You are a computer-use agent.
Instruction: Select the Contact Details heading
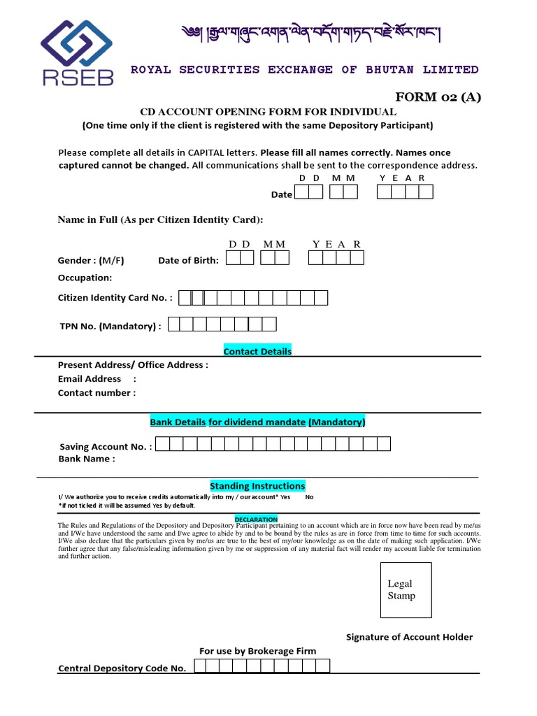[257, 351]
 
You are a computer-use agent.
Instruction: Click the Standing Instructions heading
[257, 486]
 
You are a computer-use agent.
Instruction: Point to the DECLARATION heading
[256, 520]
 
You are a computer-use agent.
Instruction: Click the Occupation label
[85, 278]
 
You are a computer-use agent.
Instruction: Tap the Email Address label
[89, 379]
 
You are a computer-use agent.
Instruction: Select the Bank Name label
[86, 459]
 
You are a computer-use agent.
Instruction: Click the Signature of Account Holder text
[410, 637]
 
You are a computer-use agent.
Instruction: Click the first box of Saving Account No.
[162, 444]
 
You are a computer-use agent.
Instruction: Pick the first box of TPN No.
[175, 324]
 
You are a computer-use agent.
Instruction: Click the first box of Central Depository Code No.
[200, 666]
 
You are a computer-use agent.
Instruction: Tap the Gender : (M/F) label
[91, 261]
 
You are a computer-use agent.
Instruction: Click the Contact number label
[96, 393]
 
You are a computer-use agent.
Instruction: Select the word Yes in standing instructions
[285, 497]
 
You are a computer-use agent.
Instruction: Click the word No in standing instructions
[310, 497]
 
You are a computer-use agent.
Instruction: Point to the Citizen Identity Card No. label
[115, 298]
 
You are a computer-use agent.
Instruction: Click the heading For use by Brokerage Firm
[257, 651]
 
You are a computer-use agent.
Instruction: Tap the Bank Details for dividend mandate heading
[257, 422]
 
